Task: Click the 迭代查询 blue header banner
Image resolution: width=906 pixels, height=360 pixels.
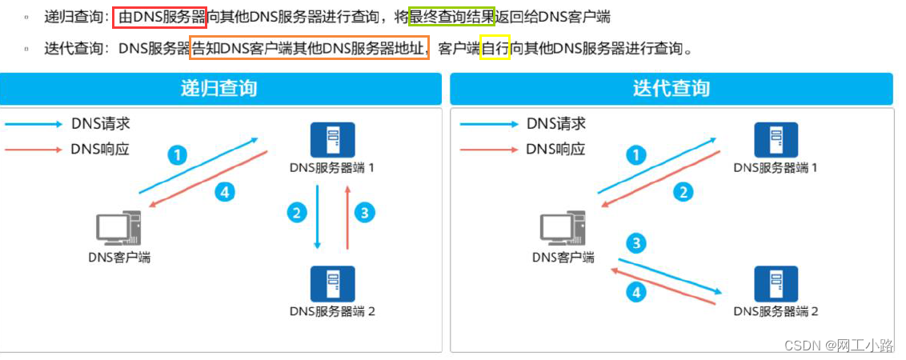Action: click(x=671, y=88)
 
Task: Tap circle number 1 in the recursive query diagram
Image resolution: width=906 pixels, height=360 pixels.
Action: click(x=178, y=154)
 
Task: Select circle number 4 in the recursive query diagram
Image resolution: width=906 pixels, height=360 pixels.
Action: click(x=226, y=191)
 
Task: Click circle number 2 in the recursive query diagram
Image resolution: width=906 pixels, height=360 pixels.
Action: click(x=297, y=212)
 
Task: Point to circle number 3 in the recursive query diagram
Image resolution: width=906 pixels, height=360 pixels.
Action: click(x=365, y=212)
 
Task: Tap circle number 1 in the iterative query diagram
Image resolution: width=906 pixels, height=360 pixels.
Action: click(x=636, y=155)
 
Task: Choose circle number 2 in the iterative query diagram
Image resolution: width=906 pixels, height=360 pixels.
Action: click(x=683, y=191)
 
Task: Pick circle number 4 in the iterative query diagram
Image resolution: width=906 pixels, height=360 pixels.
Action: click(x=637, y=293)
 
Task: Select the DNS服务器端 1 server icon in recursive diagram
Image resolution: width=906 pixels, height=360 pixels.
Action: click(x=332, y=141)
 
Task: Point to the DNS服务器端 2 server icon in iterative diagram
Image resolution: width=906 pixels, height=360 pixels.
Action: click(x=776, y=284)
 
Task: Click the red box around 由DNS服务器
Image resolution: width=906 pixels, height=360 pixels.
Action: click(x=160, y=16)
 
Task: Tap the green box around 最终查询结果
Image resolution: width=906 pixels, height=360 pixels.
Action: click(x=451, y=16)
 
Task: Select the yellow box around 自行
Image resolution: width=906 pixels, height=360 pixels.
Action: click(x=495, y=48)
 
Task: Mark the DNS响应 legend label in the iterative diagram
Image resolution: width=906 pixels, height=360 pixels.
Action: click(x=555, y=149)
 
